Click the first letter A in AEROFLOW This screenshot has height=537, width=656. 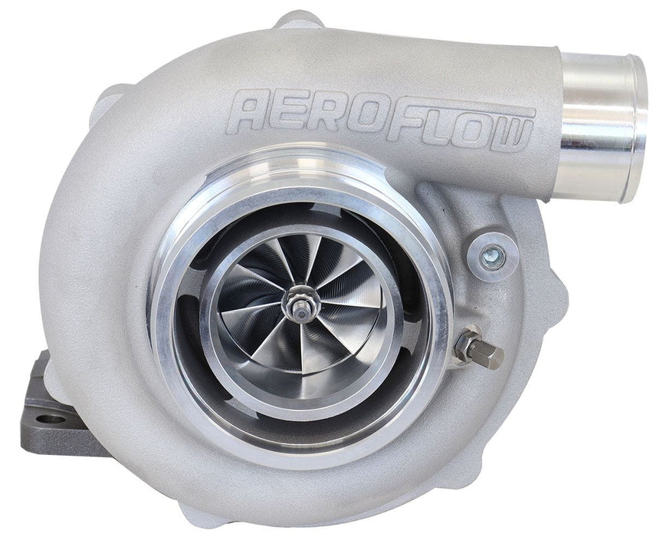(x=255, y=111)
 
